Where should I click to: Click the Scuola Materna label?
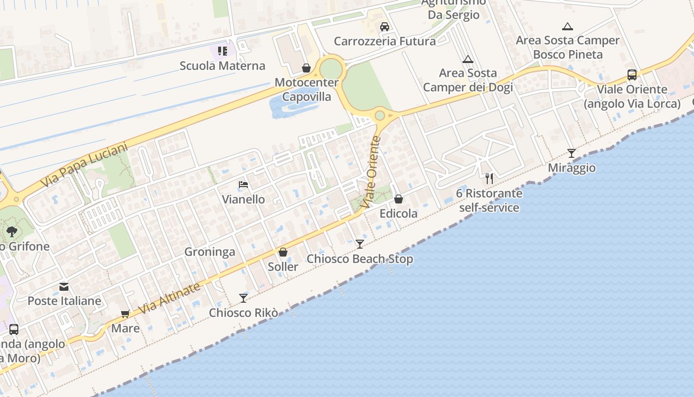tap(222, 66)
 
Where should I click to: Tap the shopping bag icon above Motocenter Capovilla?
tap(306, 68)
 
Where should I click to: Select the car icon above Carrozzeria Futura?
tap(385, 27)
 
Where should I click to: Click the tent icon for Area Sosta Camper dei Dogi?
tap(467, 60)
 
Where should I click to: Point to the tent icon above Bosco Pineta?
tap(568, 26)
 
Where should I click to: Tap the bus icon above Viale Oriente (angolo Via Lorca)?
tap(632, 75)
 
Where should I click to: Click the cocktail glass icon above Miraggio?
tap(572, 153)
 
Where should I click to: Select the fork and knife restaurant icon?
tap(489, 179)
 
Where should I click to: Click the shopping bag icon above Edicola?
tap(399, 199)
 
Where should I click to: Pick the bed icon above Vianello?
tap(243, 185)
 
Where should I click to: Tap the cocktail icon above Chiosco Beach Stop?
tap(360, 244)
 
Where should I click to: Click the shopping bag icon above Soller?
tap(283, 253)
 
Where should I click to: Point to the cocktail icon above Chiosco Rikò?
tap(243, 298)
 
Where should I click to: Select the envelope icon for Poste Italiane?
tap(64, 287)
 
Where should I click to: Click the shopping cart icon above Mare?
tap(125, 314)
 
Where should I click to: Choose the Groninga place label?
tap(210, 252)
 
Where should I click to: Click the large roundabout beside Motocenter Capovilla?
tap(331, 67)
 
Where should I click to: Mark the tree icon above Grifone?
tap(12, 231)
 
